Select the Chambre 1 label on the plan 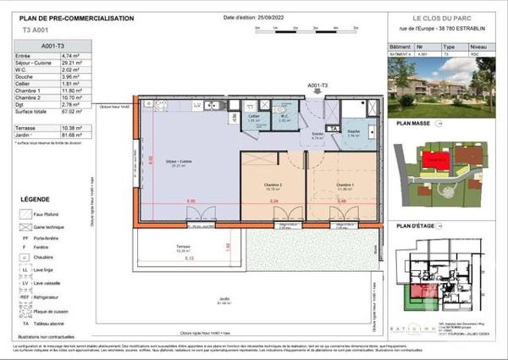(343, 185)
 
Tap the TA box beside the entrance (333, 129)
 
